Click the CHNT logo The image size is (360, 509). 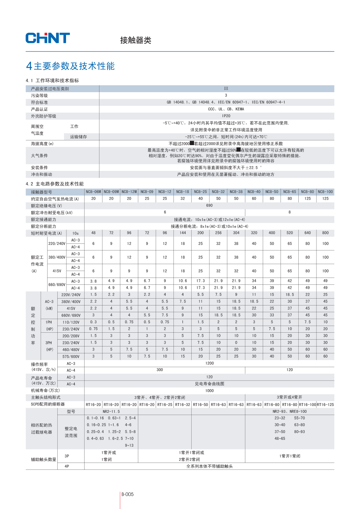click(48, 38)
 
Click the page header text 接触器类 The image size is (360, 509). click(136, 40)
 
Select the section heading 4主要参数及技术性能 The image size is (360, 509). click(70, 66)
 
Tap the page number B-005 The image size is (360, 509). click(127, 494)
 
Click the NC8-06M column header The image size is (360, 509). click(93, 192)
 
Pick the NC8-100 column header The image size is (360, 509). click(325, 192)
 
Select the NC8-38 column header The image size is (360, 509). click(236, 192)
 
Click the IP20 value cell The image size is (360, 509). click(226, 116)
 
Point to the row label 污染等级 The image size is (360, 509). click(39, 96)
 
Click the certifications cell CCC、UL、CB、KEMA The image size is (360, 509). click(226, 109)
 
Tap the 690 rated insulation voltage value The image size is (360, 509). click(209, 205)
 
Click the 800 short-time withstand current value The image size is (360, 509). click(325, 233)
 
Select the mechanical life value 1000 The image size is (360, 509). click(209, 391)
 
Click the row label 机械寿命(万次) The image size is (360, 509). click(45, 391)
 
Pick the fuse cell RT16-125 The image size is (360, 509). click(325, 405)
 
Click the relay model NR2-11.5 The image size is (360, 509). click(111, 411)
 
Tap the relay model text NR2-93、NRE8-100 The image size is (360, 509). click(290, 411)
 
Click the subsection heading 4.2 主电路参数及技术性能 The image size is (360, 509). click(55, 184)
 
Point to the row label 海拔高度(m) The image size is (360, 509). click(42, 144)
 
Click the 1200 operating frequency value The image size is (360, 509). click(209, 363)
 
